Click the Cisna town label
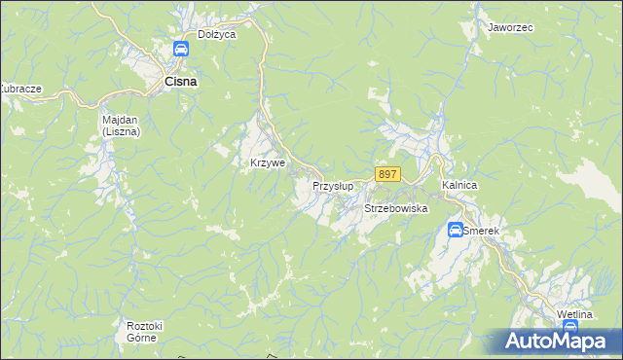(180, 83)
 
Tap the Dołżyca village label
(217, 34)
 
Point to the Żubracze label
(19, 89)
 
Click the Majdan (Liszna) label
(122, 126)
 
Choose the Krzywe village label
(268, 162)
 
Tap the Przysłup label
(333, 185)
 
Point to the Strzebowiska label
(396, 209)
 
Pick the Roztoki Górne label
(141, 332)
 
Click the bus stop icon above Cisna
(180, 50)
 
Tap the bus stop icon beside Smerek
(455, 231)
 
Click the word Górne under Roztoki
(141, 338)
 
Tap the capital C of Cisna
(168, 83)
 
